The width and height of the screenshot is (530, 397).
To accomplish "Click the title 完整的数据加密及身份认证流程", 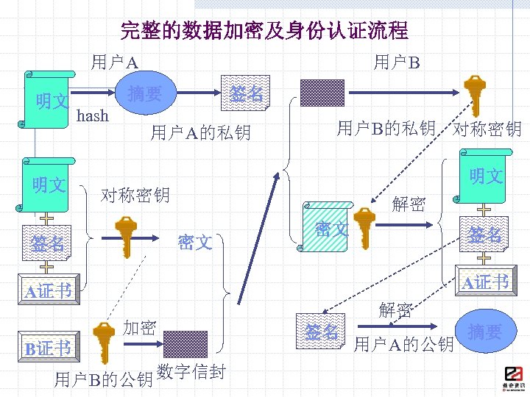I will pyautogui.click(x=264, y=31).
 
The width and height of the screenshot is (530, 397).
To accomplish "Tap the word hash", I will pyautogui.click(x=93, y=115).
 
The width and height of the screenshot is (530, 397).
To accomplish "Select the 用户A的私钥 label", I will pyautogui.click(x=200, y=132).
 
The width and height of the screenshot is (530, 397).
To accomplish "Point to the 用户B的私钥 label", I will pyautogui.click(x=386, y=129).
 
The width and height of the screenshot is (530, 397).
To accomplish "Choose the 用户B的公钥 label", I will pyautogui.click(x=103, y=379).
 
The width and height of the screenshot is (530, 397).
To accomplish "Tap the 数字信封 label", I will pyautogui.click(x=191, y=372).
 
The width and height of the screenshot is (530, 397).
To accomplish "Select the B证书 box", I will pyautogui.click(x=48, y=347).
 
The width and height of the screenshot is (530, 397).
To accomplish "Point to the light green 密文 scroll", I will pyautogui.click(x=325, y=229).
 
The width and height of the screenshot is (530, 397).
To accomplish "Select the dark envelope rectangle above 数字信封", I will pyautogui.click(x=185, y=343).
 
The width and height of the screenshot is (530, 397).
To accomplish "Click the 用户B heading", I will pyautogui.click(x=396, y=62).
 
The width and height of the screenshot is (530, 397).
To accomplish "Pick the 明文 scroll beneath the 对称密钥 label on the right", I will pyautogui.click(x=484, y=176).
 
